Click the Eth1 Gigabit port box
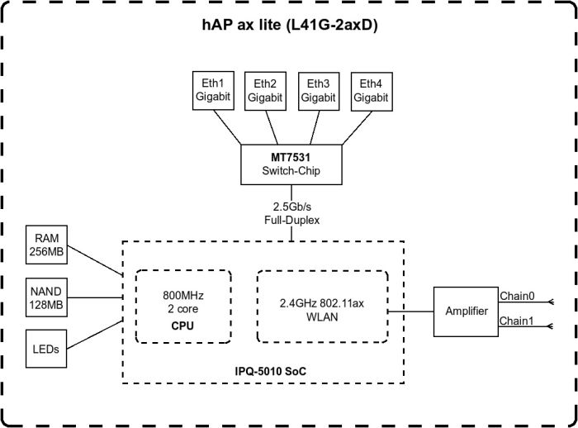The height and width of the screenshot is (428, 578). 211,89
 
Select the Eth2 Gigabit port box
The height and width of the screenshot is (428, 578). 265,89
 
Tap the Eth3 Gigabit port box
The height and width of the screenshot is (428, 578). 318,89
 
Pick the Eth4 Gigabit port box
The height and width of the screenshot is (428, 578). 372,89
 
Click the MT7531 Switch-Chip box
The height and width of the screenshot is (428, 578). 291,164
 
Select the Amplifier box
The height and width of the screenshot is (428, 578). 466,311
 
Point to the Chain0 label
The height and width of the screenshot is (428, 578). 517,294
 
